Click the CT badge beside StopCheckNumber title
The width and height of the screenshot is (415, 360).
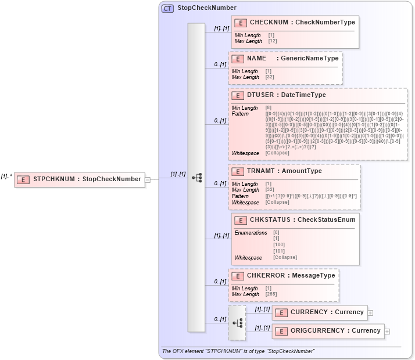[x=167, y=8]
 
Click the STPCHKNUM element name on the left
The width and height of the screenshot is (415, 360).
[x=54, y=179]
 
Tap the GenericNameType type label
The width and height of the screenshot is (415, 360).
[x=310, y=59]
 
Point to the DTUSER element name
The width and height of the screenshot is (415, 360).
[x=259, y=95]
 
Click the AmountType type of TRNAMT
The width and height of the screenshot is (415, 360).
[x=301, y=171]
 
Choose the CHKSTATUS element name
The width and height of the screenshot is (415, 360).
[x=271, y=220]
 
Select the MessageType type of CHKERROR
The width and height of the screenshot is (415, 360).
[x=314, y=275]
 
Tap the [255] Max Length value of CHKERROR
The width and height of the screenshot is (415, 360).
[x=270, y=294]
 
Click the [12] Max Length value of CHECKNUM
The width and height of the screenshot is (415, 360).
[x=273, y=41]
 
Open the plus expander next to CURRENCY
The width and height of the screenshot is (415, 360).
[x=370, y=312]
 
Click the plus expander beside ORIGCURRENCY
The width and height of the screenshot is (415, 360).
[x=387, y=331]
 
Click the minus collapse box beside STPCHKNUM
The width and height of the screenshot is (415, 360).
[x=148, y=179]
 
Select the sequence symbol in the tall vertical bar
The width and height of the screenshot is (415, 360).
[x=196, y=178]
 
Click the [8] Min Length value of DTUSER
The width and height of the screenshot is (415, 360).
[x=269, y=107]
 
